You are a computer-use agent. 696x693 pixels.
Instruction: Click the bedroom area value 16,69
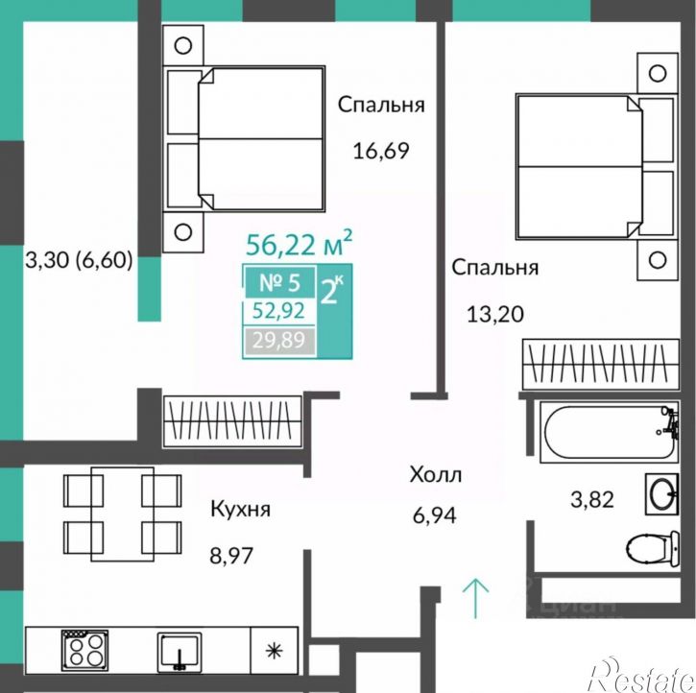[380, 151]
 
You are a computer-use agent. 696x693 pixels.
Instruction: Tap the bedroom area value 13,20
[495, 315]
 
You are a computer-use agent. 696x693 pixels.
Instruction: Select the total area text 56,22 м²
[300, 243]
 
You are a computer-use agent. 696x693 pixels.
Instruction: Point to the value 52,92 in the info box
[278, 311]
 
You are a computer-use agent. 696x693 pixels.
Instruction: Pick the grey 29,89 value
[278, 341]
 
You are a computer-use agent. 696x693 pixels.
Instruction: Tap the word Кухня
[240, 509]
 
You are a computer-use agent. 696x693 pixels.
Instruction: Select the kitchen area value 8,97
[231, 555]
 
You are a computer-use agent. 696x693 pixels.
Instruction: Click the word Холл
[436, 474]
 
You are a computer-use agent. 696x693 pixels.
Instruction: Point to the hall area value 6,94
[434, 515]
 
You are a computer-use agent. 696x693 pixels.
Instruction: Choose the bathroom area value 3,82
[591, 499]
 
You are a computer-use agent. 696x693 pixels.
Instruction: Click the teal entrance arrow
[475, 598]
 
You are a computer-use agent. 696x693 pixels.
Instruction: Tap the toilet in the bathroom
[653, 548]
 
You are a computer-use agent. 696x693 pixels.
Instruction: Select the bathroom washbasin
[661, 493]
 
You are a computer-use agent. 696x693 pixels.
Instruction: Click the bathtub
[609, 432]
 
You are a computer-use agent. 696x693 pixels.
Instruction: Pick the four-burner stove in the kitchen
[84, 651]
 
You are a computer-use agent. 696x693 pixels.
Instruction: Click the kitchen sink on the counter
[180, 652]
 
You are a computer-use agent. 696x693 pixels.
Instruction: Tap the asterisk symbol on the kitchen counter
[274, 651]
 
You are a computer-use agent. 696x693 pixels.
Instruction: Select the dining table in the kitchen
[123, 514]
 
